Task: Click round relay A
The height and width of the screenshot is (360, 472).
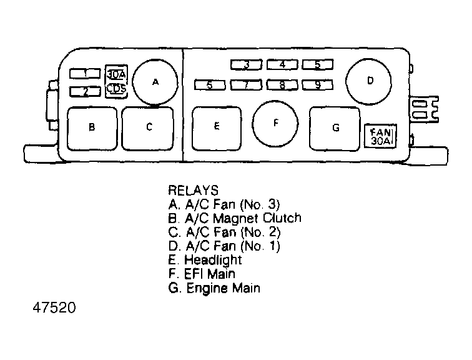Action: (x=155, y=82)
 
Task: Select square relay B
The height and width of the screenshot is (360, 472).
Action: (x=92, y=127)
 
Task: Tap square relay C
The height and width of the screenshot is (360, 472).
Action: (x=149, y=127)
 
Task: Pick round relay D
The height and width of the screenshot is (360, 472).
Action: (x=370, y=81)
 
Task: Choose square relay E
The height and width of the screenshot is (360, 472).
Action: (x=216, y=127)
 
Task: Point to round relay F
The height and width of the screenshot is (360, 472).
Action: (x=275, y=123)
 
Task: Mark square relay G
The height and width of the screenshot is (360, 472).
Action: (x=335, y=128)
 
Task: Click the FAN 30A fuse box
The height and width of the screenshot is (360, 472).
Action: (x=380, y=136)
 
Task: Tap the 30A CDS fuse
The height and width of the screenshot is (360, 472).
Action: (x=116, y=81)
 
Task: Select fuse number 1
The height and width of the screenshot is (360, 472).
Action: (x=86, y=74)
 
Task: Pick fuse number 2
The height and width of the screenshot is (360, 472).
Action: (x=86, y=92)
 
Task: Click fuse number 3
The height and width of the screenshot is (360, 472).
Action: (x=247, y=64)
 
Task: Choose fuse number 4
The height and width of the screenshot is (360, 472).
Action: (x=282, y=64)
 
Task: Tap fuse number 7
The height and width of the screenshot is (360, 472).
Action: (x=247, y=84)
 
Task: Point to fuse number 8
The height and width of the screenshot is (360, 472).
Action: (x=282, y=84)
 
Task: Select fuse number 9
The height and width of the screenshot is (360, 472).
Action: (x=318, y=84)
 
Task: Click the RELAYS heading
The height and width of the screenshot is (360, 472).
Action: (x=193, y=190)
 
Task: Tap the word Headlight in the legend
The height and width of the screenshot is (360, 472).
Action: (x=213, y=260)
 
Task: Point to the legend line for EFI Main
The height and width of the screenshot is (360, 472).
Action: (x=201, y=274)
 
